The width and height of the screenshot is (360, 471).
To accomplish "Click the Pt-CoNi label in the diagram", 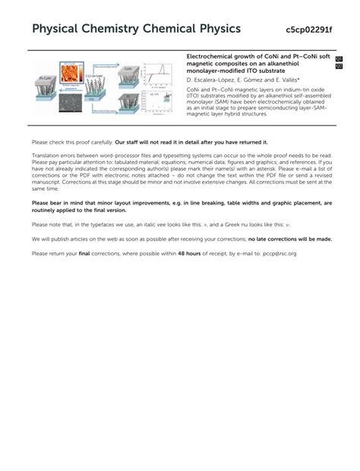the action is coord(44,77).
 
